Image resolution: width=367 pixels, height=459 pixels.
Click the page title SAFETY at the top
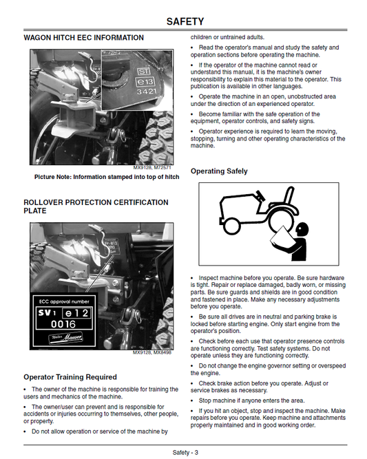185,21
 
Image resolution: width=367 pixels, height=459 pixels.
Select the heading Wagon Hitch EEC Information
83,38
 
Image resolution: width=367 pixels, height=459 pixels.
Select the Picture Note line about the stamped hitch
107,177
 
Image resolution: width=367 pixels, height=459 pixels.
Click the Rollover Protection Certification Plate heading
95,206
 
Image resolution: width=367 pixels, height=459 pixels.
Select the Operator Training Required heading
70,377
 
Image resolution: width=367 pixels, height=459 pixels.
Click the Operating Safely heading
219,171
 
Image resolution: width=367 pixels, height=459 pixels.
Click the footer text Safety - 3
185,452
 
